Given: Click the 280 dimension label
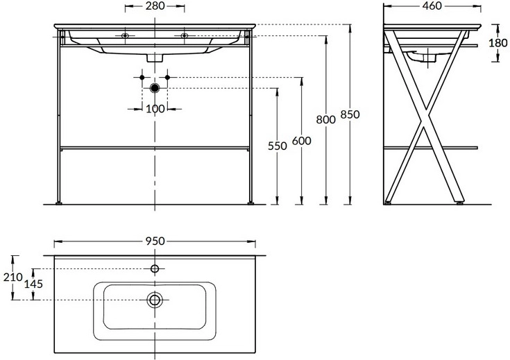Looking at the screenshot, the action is click(155, 6).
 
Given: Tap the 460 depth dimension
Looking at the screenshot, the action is click(432, 6).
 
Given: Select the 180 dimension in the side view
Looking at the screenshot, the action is click(498, 42).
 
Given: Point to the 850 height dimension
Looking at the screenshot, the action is click(350, 114).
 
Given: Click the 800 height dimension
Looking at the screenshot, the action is click(325, 120).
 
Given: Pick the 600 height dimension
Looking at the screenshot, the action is click(302, 141).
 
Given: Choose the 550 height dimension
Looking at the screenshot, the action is click(277, 146).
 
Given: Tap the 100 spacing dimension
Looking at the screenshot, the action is click(155, 109).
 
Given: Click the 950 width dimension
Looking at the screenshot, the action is click(155, 241).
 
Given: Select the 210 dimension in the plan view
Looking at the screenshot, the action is click(13, 277).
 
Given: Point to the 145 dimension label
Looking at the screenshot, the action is click(33, 284).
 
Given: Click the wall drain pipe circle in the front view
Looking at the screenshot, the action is click(155, 88).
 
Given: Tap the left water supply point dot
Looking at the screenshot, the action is click(142, 78).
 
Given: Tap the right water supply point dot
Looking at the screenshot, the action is click(167, 78).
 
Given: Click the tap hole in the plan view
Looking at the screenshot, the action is click(155, 268).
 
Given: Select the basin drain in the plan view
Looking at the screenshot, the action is click(155, 300).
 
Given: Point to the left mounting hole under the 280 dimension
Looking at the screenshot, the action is click(125, 35).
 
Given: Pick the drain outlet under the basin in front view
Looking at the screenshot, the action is click(155, 58).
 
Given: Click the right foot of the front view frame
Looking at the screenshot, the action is click(250, 203).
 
